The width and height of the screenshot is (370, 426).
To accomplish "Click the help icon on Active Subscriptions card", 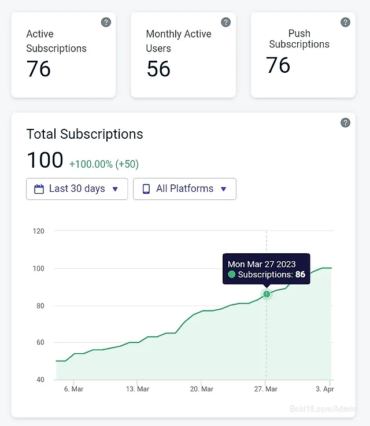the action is (x=106, y=22).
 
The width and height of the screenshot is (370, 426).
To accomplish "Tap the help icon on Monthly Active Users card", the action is (x=225, y=22).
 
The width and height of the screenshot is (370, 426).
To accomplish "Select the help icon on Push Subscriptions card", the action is (x=345, y=22).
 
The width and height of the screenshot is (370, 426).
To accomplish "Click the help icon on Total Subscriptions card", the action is (x=345, y=123).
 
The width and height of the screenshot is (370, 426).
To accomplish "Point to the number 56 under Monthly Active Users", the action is (x=158, y=69).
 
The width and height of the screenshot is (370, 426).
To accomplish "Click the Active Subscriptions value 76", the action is (x=38, y=69).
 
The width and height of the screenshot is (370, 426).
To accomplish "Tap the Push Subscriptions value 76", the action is (x=278, y=65).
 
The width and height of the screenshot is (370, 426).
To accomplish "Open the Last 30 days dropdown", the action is (x=77, y=189).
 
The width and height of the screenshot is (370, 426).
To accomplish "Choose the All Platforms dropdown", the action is (x=184, y=189).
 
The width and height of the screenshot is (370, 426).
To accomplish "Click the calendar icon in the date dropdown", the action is (x=39, y=189).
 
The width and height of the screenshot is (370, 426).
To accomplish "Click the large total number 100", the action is (x=45, y=160).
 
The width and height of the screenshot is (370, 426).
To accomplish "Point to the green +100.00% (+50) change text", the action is (x=104, y=164).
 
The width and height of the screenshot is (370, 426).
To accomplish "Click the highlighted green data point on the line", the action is (x=267, y=294).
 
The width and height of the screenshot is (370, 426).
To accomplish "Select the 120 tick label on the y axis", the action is (x=38, y=231).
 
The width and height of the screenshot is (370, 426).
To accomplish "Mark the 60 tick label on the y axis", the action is (x=40, y=342).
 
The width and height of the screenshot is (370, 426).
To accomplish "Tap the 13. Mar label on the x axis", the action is (x=138, y=389).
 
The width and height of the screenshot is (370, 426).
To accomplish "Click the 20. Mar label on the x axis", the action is (x=202, y=389).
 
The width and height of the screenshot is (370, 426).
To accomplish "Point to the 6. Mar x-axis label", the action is (x=73, y=389).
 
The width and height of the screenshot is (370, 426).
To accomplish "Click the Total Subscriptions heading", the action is (x=85, y=134).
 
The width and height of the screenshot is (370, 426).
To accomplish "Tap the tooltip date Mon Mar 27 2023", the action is (x=262, y=264).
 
